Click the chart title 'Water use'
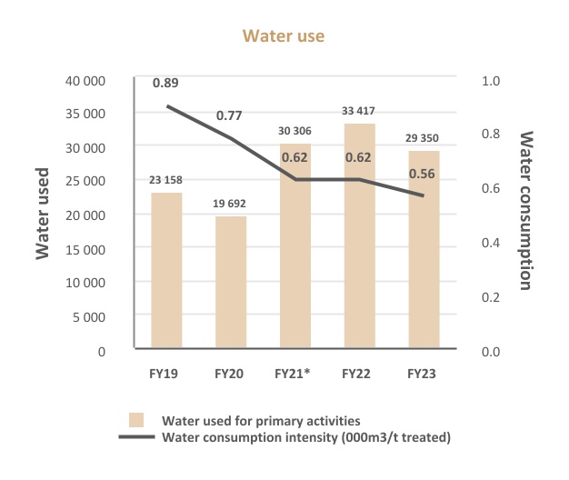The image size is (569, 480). pyautogui.click(x=283, y=36)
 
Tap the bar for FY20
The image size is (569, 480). pyautogui.click(x=230, y=283)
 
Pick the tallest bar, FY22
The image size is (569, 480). pyautogui.click(x=359, y=236)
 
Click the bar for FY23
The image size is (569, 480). pyautogui.click(x=424, y=250)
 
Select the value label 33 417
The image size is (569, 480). pyautogui.click(x=359, y=111)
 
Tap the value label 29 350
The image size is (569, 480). pyautogui.click(x=424, y=139)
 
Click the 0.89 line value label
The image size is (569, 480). pyautogui.click(x=165, y=83)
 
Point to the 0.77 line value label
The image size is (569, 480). pyautogui.click(x=230, y=115)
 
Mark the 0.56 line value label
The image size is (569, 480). pyautogui.click(x=424, y=175)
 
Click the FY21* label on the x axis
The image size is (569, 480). pyautogui.click(x=294, y=373)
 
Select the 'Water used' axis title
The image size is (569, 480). pyautogui.click(x=43, y=215)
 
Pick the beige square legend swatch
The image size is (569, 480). pyautogui.click(x=136, y=420)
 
